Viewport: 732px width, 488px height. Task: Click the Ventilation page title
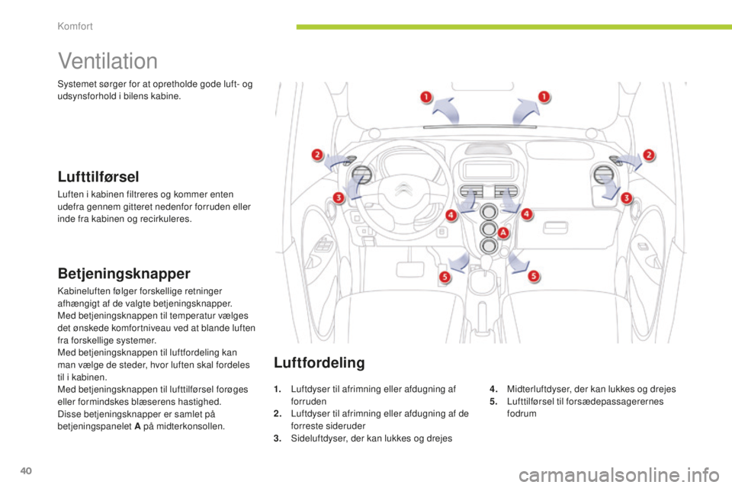(x=108, y=61)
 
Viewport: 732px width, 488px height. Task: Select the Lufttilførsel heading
(x=98, y=177)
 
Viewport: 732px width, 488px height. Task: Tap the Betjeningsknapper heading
(x=124, y=274)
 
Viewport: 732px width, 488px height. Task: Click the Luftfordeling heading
(x=319, y=362)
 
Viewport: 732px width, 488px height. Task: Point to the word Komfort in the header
(x=75, y=26)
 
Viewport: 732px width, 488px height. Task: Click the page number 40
(x=26, y=470)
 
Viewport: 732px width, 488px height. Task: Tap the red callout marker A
(x=503, y=233)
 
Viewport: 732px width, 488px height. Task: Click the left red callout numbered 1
(x=425, y=97)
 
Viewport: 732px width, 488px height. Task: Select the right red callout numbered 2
(x=649, y=155)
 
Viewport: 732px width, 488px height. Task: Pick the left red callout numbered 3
(x=339, y=197)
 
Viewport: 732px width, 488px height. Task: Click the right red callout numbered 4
(x=527, y=214)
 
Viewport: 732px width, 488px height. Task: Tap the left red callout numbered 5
(x=445, y=277)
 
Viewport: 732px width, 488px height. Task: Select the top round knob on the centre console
(x=489, y=213)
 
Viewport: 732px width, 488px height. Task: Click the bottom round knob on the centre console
(x=489, y=246)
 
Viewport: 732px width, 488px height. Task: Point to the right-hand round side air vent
(x=603, y=175)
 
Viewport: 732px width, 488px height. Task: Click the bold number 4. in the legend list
(x=494, y=389)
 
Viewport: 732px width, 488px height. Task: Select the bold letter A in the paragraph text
(x=137, y=426)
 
